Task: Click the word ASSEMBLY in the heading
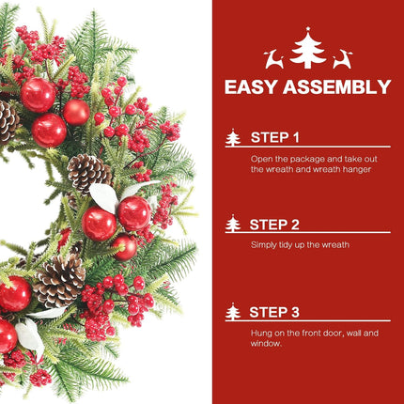pyautogui.click(x=337, y=86)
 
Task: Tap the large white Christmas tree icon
pyautogui.click(x=308, y=50)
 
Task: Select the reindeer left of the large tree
pyautogui.click(x=274, y=59)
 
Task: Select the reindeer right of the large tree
pyautogui.click(x=342, y=59)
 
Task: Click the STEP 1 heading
pyautogui.click(x=275, y=137)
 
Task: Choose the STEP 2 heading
pyautogui.click(x=274, y=225)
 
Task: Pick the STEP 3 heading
pyautogui.click(x=274, y=312)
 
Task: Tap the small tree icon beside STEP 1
pyautogui.click(x=233, y=137)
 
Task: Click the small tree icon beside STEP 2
pyautogui.click(x=233, y=224)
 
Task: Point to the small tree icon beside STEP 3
pyautogui.click(x=233, y=312)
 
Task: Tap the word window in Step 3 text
pyautogui.click(x=266, y=344)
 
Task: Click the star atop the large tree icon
pyautogui.click(x=308, y=29)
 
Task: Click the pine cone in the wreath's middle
pyautogui.click(x=88, y=173)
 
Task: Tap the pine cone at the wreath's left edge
pyautogui.click(x=8, y=120)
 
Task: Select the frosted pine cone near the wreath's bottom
pyautogui.click(x=59, y=280)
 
